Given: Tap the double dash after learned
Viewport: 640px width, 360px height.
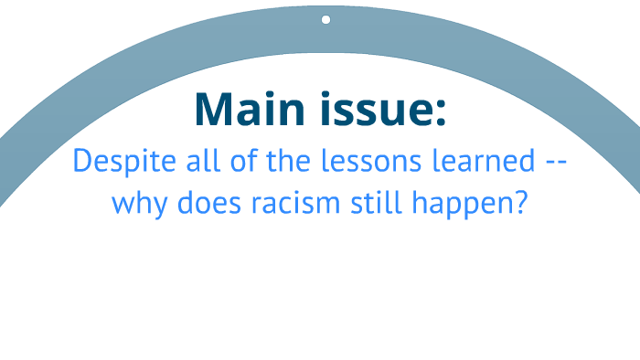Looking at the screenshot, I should point(555,163).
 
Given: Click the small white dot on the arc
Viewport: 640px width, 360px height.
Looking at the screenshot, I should point(325,19).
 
